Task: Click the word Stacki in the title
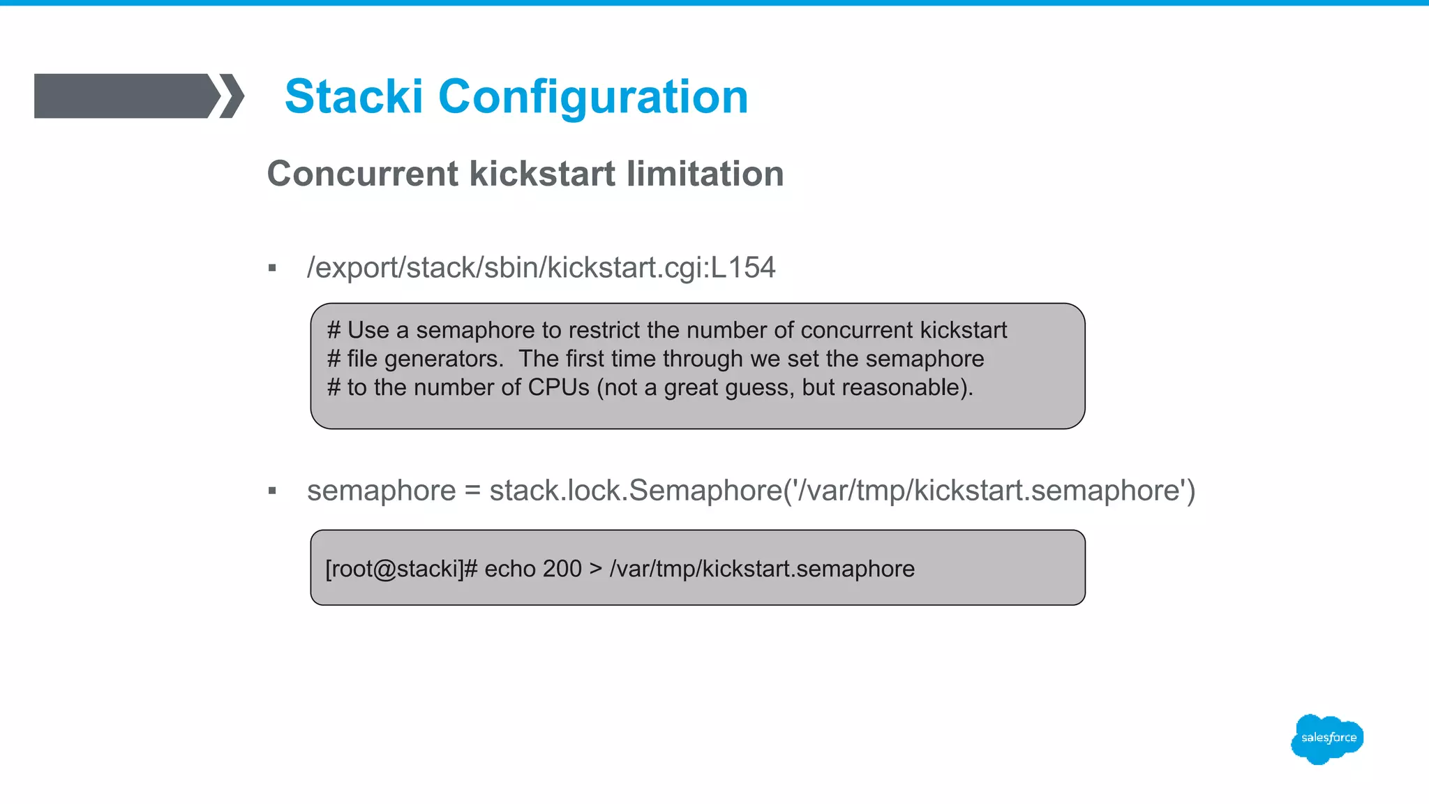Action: coord(354,96)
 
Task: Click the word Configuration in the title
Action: coord(592,96)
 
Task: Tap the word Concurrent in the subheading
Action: coord(362,174)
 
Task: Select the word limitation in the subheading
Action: coord(705,174)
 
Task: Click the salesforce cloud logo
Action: coord(1326,738)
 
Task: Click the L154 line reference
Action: coord(742,267)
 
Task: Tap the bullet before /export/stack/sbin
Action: coord(272,268)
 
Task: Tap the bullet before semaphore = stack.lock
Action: coord(272,491)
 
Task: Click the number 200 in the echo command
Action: coord(562,569)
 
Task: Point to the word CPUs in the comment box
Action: coord(558,387)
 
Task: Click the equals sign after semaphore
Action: coord(472,491)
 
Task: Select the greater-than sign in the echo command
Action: coord(595,569)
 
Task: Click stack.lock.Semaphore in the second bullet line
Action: coord(635,491)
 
